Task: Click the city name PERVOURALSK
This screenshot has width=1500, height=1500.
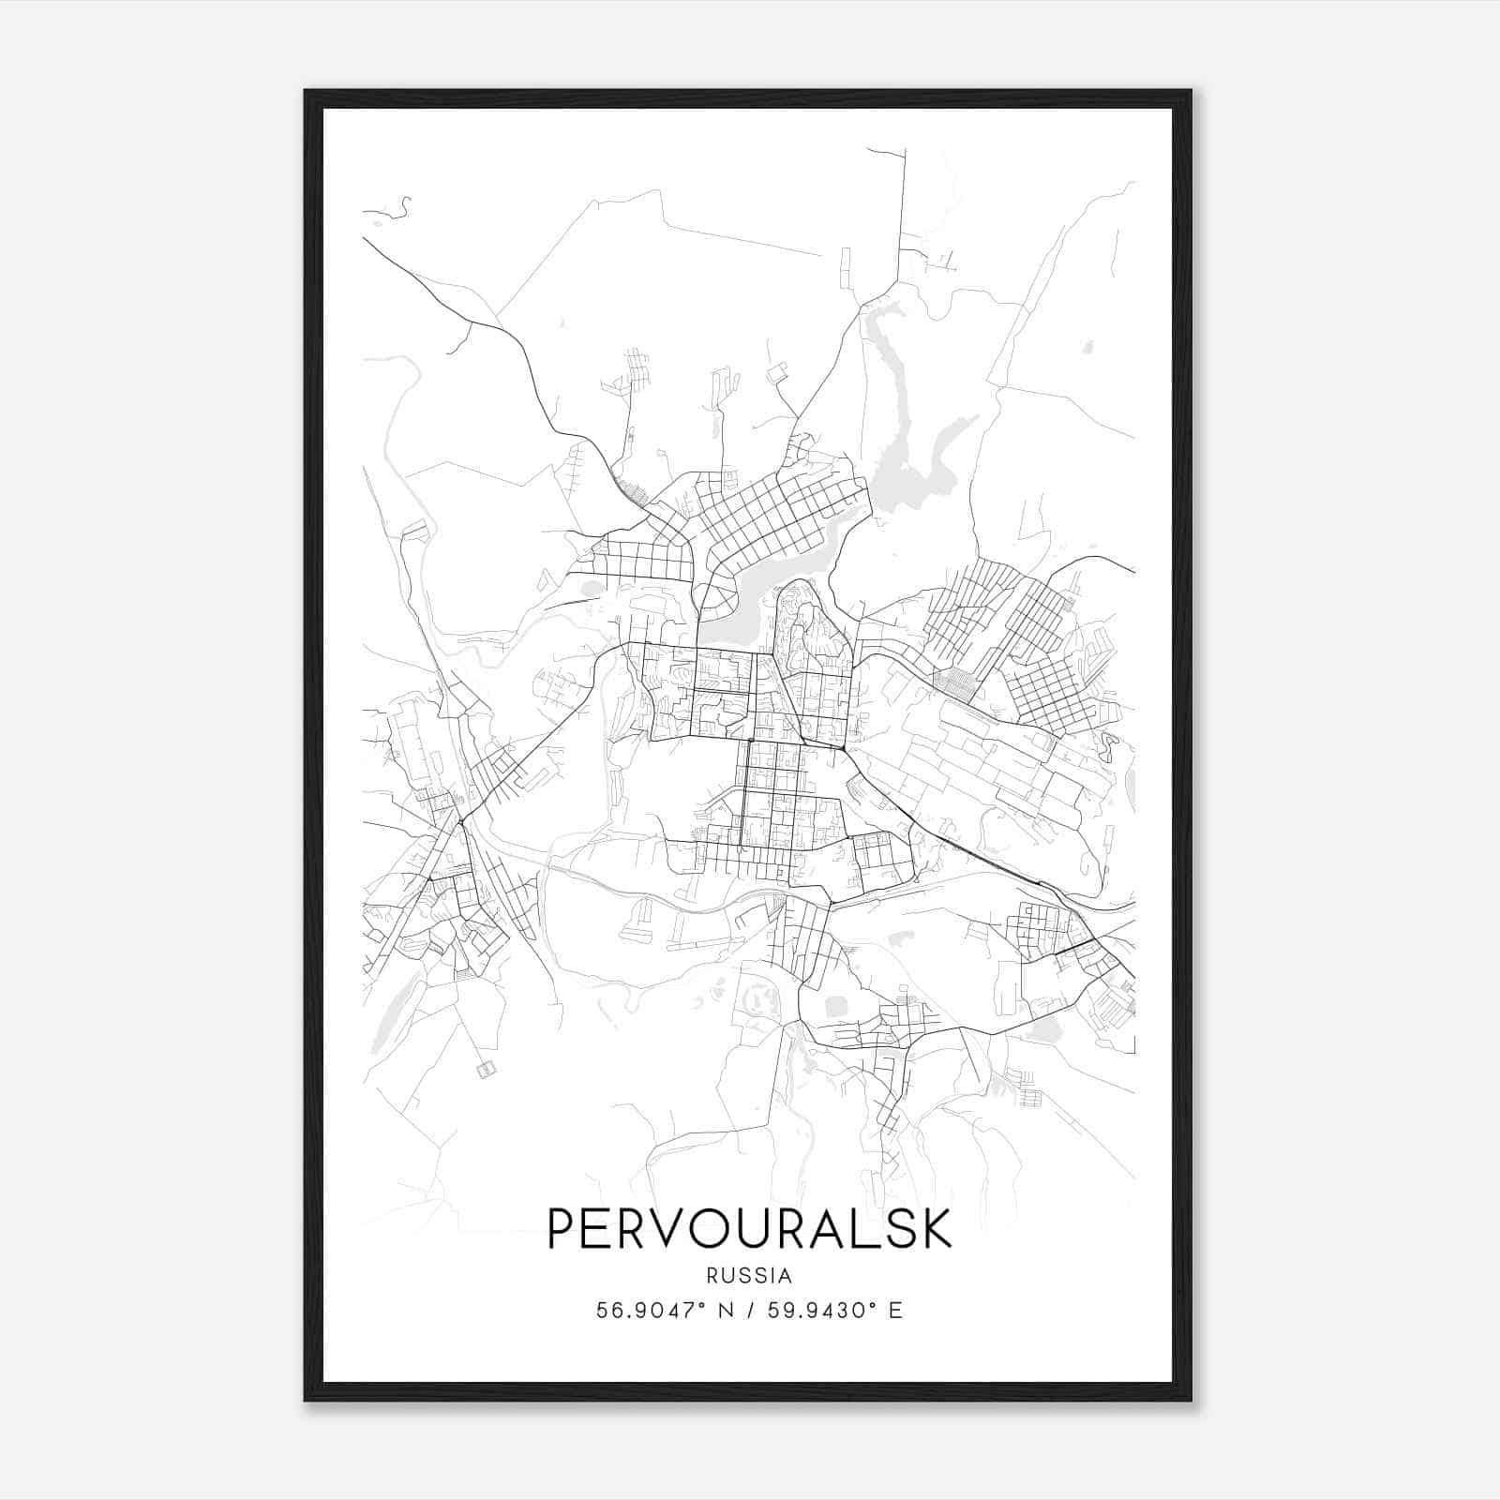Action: coord(749,1228)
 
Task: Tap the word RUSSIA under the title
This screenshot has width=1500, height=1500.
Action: coord(749,1276)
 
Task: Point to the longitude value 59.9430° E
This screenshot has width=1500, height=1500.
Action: coord(835,1311)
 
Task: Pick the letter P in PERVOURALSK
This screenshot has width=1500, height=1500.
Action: coord(561,1228)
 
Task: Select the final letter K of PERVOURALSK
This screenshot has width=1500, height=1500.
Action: coord(936,1228)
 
